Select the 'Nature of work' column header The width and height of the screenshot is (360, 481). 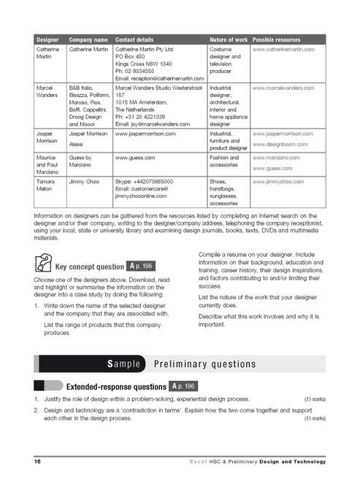(228, 39)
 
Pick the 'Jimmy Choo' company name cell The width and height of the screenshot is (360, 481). (83, 180)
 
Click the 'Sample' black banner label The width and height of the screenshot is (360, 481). (129, 363)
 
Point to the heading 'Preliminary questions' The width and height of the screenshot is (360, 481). (201, 363)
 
